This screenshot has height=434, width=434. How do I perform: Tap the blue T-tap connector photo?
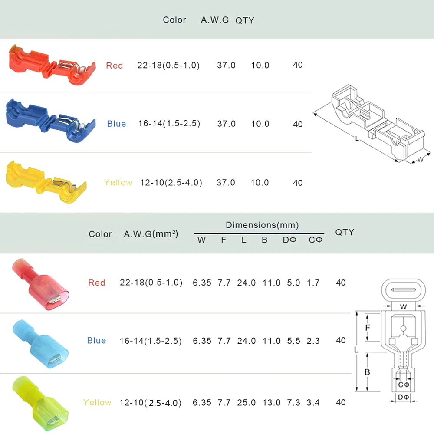point(51,120)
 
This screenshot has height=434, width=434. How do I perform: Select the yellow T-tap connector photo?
point(46,182)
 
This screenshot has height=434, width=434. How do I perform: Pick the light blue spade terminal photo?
point(40,344)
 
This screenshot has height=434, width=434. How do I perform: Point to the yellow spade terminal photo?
point(40,403)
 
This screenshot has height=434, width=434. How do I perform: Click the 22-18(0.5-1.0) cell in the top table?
point(168,66)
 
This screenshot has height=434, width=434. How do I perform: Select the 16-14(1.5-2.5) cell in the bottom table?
point(151,341)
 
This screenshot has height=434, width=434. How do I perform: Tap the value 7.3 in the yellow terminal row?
point(293,402)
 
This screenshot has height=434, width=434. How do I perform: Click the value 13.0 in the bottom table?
point(271,402)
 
